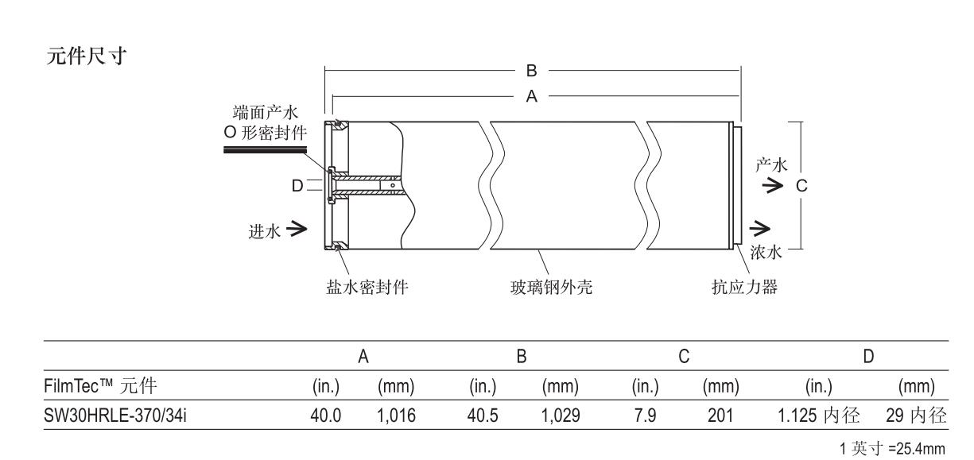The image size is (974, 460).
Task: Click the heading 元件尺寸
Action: click(85, 59)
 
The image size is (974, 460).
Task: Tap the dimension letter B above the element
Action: click(532, 71)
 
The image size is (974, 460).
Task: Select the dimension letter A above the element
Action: click(532, 95)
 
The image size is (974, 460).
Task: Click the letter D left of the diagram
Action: click(297, 185)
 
